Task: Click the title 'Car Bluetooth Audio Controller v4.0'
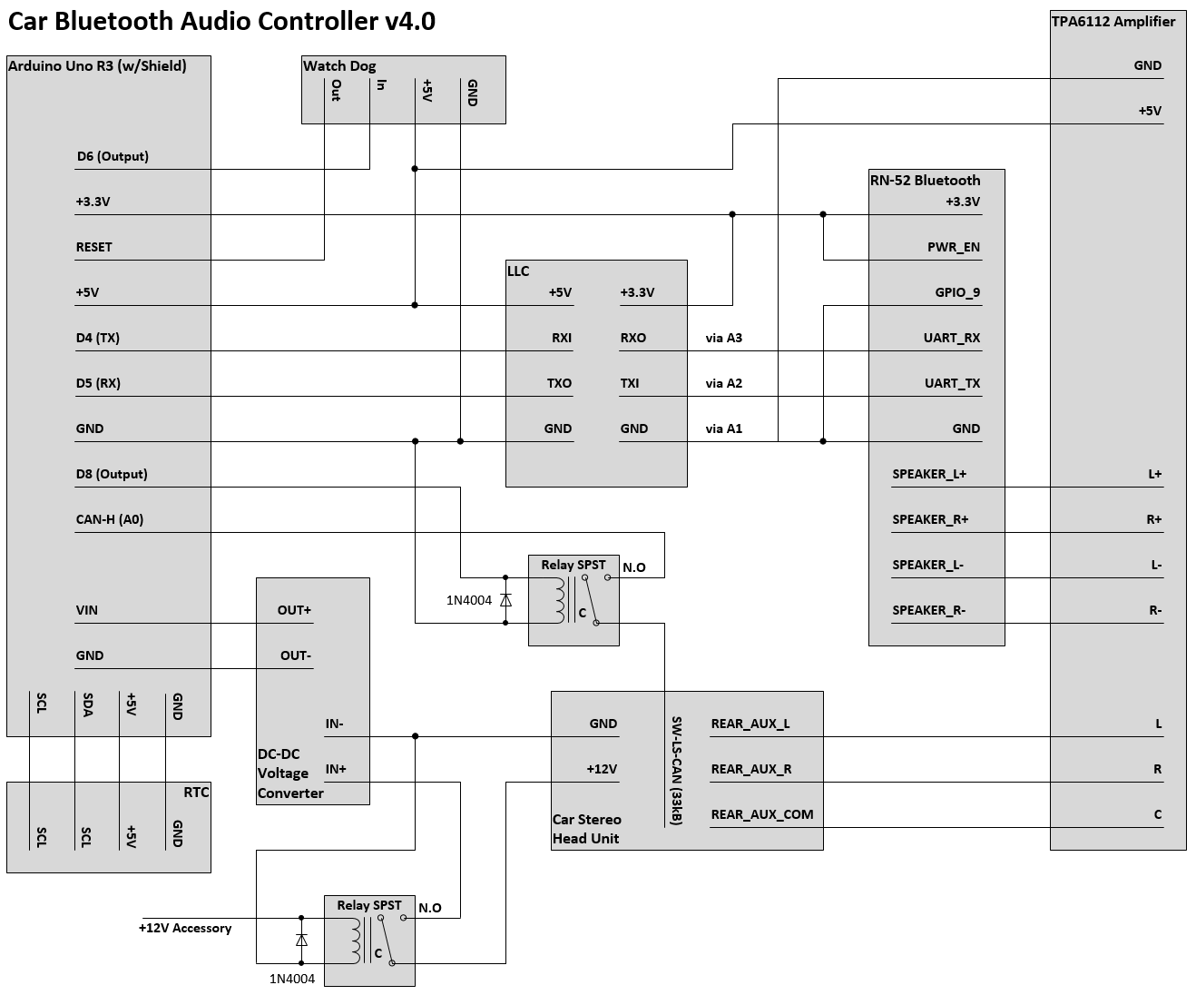coord(221,22)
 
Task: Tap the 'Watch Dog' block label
coord(338,65)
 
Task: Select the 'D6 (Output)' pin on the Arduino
coord(113,156)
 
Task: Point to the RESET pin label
coord(94,247)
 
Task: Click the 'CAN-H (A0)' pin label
coord(110,519)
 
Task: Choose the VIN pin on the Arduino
coord(87,610)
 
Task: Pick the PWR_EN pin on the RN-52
coord(953,247)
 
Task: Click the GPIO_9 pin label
coord(957,292)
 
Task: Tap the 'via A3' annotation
coord(723,338)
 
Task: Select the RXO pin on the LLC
coord(633,338)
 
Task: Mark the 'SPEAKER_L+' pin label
coord(929,474)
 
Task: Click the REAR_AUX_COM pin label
coord(762,814)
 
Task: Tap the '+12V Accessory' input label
coord(185,928)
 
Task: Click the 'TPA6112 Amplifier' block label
coord(1113,22)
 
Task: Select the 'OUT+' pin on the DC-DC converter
coord(294,610)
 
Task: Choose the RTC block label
coord(196,792)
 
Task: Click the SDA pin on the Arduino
coord(87,705)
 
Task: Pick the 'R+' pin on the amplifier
coord(1153,519)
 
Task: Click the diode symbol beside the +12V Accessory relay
coord(301,941)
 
